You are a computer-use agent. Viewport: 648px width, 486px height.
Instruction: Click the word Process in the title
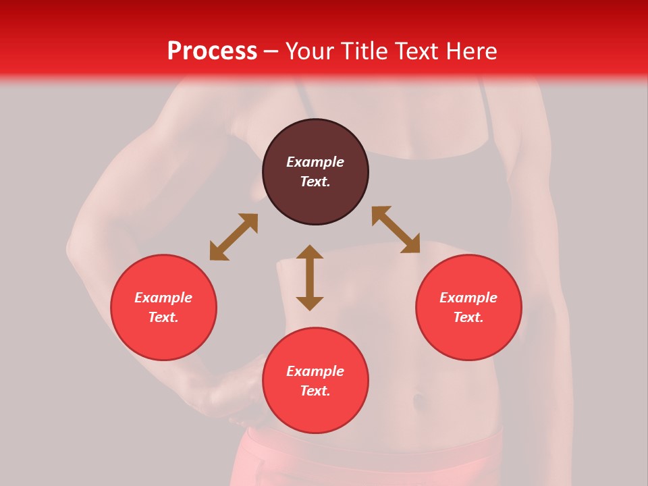click(212, 51)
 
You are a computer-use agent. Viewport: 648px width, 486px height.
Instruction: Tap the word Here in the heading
click(468, 51)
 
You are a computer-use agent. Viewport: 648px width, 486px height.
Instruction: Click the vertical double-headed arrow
click(310, 277)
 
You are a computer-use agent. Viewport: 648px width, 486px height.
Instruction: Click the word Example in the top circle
click(315, 162)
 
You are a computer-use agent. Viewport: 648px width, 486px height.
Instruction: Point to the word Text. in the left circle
click(163, 317)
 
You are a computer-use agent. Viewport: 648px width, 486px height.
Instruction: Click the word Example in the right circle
click(468, 298)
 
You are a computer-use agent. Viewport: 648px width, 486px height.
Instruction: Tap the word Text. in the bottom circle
click(315, 391)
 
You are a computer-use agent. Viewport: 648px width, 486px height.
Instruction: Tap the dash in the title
click(271, 51)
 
